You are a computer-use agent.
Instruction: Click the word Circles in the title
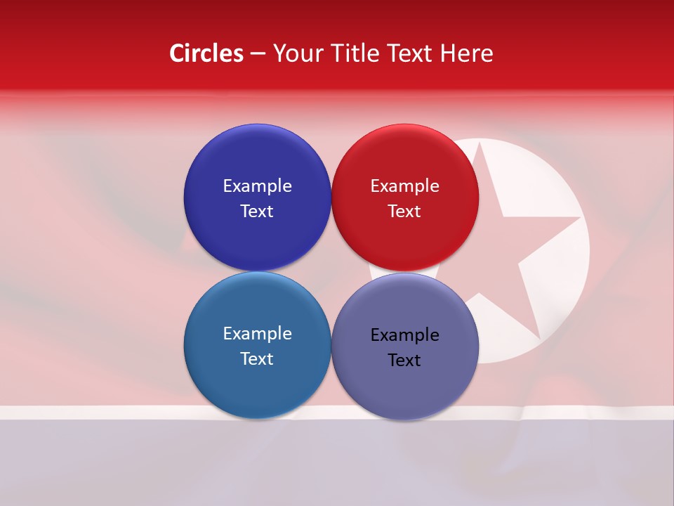[206, 53]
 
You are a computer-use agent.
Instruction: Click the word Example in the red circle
[404, 186]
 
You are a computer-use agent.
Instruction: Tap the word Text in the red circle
[404, 211]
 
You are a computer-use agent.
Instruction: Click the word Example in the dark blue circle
[257, 186]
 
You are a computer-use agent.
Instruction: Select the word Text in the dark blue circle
[257, 211]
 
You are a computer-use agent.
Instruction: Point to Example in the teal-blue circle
[257, 334]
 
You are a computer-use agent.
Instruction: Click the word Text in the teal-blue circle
[257, 358]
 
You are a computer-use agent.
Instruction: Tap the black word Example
[404, 335]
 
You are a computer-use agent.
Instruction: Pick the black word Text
[404, 361]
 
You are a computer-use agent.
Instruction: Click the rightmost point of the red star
[579, 219]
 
